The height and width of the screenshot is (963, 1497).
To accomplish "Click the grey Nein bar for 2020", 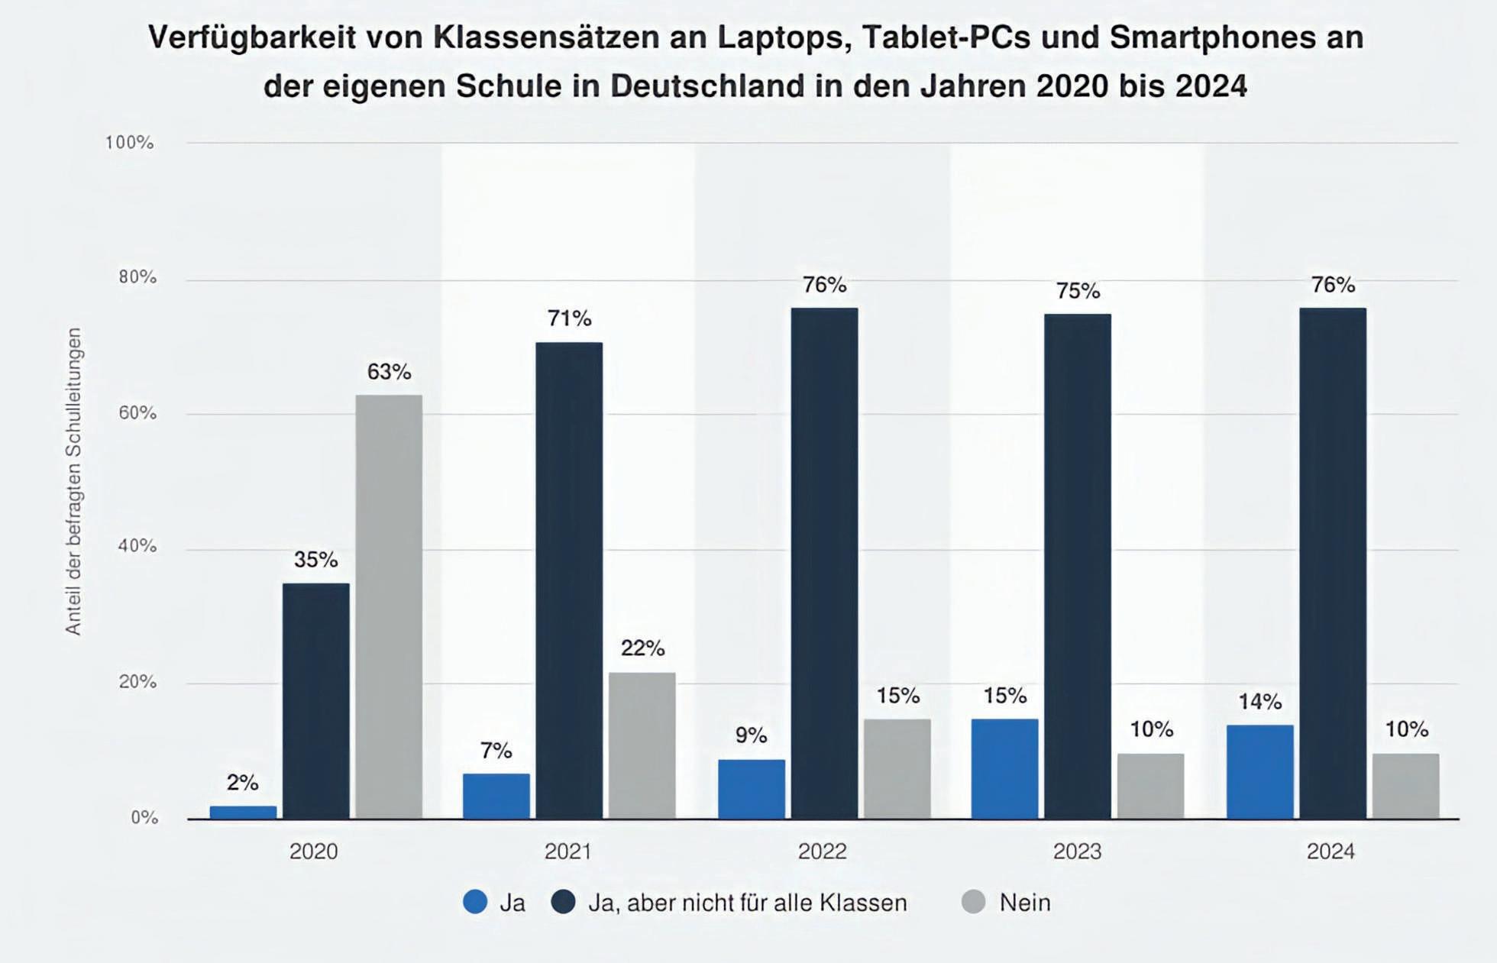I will [389, 606].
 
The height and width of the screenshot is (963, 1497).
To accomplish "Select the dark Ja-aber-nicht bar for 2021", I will [569, 580].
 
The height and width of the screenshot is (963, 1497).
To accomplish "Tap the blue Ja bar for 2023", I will [1004, 768].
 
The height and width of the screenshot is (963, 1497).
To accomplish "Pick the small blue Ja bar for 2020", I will [243, 813].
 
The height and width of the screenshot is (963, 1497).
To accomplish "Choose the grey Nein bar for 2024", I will [1405, 786].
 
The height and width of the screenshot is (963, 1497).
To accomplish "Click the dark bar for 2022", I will [824, 563].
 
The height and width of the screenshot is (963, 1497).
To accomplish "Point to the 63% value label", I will [389, 372].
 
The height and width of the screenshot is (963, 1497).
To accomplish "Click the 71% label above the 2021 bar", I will [569, 318].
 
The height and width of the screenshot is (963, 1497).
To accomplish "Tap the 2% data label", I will [242, 783].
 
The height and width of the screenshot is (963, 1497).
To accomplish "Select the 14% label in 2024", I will [1259, 701].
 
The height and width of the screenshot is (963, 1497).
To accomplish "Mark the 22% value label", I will [642, 648].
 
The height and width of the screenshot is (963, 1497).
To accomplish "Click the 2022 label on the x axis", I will [822, 852].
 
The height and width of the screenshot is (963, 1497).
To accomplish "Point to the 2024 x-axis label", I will [1330, 852].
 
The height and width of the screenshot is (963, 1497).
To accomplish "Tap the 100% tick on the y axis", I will [129, 143].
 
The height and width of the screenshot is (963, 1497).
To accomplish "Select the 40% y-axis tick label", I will [137, 546].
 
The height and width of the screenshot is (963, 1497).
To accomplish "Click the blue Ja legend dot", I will [475, 902].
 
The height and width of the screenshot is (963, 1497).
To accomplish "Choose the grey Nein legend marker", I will [973, 902].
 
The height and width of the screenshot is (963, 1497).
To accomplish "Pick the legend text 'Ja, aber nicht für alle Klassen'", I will [747, 903].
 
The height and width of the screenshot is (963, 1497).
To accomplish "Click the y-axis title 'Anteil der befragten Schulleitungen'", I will [73, 481].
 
